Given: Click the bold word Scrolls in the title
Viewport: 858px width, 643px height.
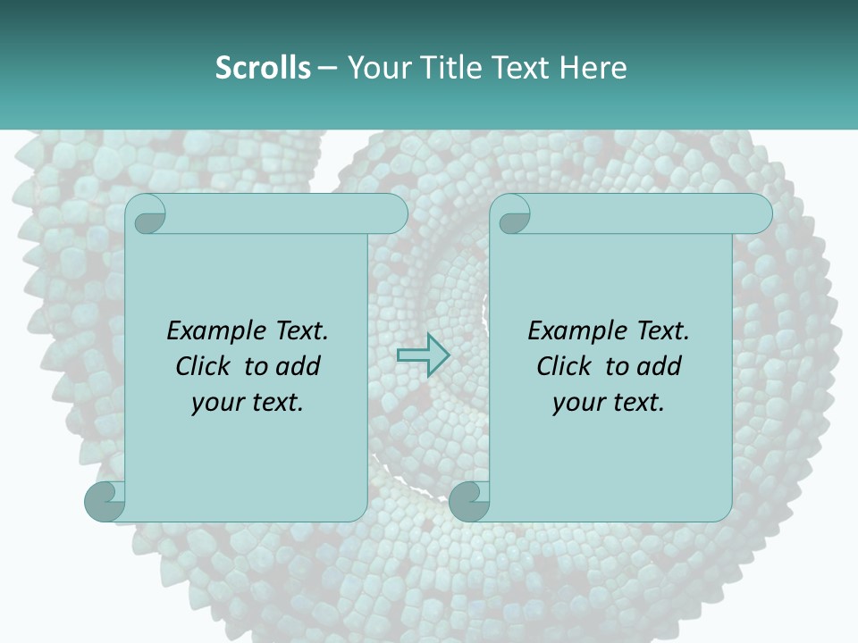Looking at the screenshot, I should [263, 67].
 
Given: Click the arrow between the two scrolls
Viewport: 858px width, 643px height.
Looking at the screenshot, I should [424, 355].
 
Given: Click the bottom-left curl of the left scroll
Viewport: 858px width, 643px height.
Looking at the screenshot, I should [105, 500].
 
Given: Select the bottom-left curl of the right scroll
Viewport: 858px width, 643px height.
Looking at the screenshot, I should [469, 500].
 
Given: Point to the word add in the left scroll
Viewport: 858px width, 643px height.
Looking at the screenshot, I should [298, 366].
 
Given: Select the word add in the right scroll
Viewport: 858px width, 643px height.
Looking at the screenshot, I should [659, 366].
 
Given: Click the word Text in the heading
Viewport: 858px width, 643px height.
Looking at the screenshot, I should [518, 67].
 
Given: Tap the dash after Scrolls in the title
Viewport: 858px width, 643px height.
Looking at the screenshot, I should [327, 68].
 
